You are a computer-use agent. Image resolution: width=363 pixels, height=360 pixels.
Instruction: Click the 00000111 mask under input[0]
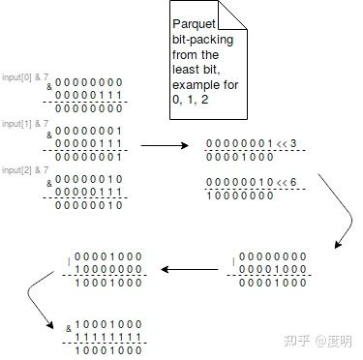tap(88, 95)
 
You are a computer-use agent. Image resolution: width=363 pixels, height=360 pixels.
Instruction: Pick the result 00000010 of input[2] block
tap(88, 204)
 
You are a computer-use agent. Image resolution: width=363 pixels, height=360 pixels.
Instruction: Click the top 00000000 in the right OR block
tap(274, 256)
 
